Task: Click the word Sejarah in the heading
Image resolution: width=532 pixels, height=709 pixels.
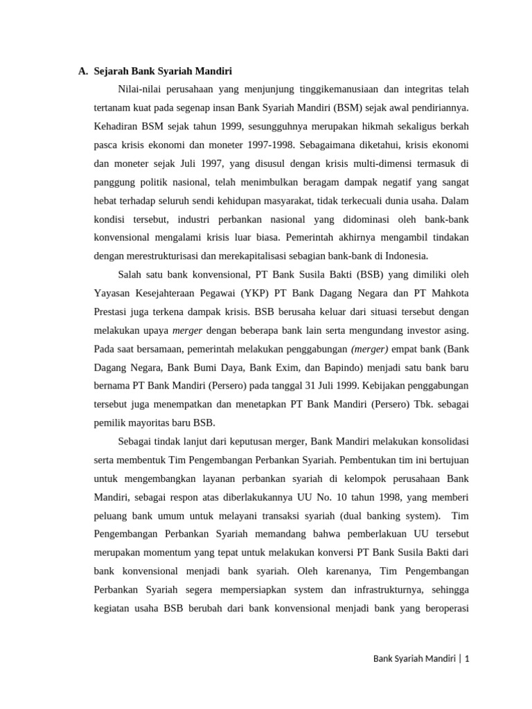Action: click(x=113, y=71)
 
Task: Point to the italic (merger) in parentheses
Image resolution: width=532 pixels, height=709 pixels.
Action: click(x=370, y=348)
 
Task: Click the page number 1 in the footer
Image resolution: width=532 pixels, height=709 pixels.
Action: click(x=467, y=659)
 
